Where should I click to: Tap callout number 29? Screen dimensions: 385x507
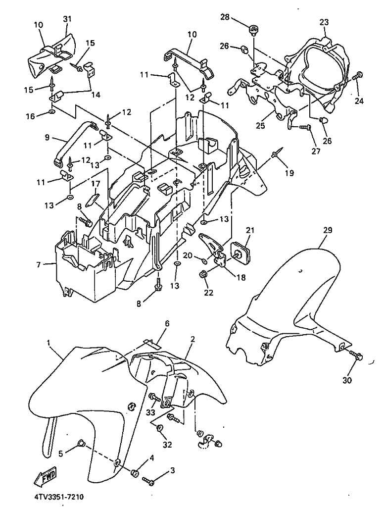click(328, 230)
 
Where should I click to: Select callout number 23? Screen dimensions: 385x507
click(324, 22)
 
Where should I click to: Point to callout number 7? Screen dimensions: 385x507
click(39, 265)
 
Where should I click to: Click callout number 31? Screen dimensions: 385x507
click(67, 19)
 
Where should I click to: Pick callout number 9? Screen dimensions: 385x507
click(47, 138)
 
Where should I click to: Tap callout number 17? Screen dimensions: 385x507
click(96, 184)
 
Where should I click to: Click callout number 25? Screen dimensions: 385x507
click(260, 125)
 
